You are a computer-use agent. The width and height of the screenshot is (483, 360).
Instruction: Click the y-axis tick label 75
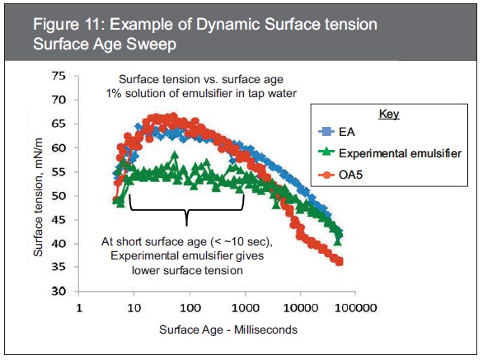click(59, 76)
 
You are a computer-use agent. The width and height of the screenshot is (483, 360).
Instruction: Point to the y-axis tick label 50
click(59, 195)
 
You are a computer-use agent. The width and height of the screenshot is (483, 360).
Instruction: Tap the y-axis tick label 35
click(59, 266)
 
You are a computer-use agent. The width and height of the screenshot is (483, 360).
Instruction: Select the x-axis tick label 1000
click(245, 307)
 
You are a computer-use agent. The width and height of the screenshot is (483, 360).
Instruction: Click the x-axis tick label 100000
click(355, 307)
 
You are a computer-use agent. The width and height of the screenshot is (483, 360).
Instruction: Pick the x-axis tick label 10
click(134, 307)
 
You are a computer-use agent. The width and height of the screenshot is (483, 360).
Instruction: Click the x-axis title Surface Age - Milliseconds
click(228, 330)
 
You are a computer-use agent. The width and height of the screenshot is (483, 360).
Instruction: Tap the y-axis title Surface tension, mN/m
click(38, 197)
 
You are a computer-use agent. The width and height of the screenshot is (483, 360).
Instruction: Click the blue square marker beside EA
click(326, 132)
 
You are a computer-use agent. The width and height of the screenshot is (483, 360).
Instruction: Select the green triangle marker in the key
click(326, 152)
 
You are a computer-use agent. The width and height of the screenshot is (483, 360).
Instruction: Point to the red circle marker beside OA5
click(326, 175)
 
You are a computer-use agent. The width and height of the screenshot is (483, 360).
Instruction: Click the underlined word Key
click(389, 115)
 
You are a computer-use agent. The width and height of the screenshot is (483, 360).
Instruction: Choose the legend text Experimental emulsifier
click(400, 153)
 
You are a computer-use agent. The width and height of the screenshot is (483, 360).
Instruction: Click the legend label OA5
click(350, 175)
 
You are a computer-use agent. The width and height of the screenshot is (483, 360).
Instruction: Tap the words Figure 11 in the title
click(67, 25)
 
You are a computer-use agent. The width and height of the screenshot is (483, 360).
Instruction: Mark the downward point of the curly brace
click(186, 225)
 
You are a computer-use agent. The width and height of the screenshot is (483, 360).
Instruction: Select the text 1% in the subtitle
click(114, 93)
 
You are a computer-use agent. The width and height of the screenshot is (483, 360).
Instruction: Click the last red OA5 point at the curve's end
click(340, 262)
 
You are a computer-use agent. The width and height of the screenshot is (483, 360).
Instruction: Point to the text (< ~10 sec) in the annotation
click(242, 241)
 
